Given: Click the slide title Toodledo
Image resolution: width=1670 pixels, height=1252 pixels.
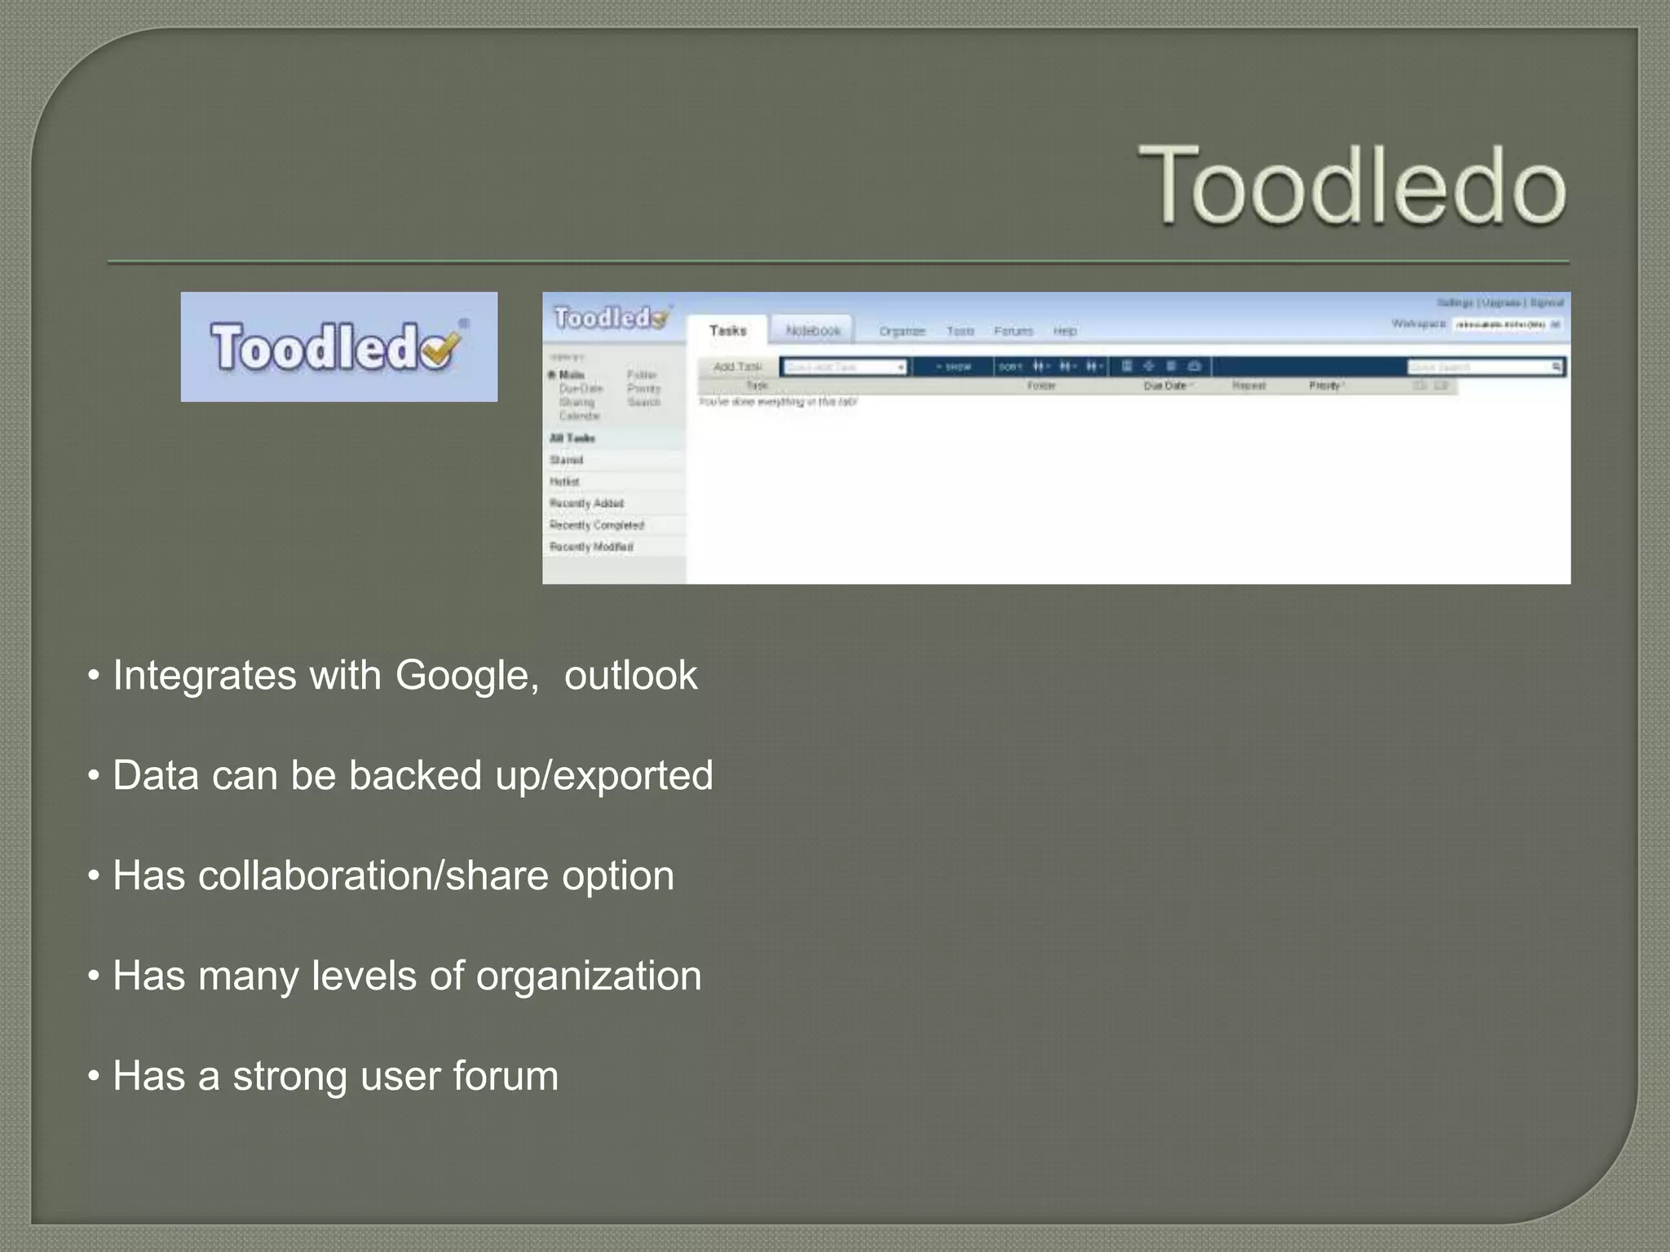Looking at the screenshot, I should click(1352, 185).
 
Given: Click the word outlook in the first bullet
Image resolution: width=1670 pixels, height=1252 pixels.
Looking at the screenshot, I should click(630, 676).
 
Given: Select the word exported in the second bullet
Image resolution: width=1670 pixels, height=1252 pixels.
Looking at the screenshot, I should click(632, 775).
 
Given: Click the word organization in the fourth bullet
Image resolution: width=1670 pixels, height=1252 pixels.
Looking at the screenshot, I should click(588, 976).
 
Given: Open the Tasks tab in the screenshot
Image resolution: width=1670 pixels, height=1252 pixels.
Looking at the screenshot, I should click(727, 330).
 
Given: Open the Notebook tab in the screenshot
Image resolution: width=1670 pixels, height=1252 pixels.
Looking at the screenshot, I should click(812, 330).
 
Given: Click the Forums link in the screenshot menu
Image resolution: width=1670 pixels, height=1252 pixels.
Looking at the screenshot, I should click(1013, 331).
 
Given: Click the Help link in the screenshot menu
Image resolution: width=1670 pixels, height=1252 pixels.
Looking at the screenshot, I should click(1064, 331).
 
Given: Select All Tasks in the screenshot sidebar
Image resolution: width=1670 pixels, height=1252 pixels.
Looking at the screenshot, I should click(572, 439).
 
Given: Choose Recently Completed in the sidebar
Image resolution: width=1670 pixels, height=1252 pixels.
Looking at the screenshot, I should click(597, 526).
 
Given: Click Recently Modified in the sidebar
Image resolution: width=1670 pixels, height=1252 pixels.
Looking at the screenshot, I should click(591, 547).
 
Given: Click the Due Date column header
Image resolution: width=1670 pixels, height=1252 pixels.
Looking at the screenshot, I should click(1165, 386).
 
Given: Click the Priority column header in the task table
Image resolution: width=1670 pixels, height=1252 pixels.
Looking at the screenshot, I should click(1325, 386).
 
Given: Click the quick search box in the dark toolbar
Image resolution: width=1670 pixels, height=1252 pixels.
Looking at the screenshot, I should click(1479, 367).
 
